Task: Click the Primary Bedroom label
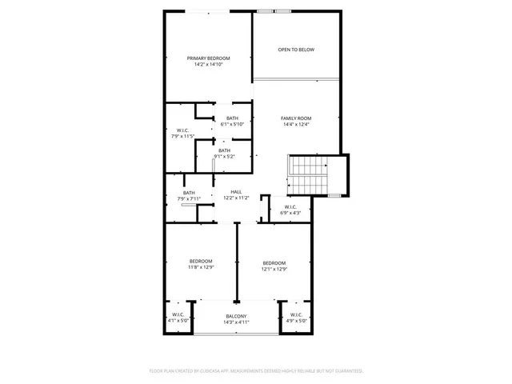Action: [209, 58]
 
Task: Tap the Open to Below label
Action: [296, 50]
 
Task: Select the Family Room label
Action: [296, 118]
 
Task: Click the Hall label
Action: [237, 192]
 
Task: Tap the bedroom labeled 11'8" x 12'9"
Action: [201, 262]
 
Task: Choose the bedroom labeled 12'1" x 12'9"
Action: [274, 263]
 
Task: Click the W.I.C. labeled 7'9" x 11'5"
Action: [182, 130]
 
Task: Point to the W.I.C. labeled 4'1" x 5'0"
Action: [178, 314]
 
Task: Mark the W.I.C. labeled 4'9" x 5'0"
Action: [296, 314]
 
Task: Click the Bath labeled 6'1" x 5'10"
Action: [232, 118]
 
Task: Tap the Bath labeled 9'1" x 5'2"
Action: [225, 150]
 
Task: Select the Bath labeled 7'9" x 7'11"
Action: [189, 193]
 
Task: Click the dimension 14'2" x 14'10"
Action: [209, 65]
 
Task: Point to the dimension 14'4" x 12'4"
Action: [296, 125]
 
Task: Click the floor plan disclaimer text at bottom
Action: [256, 371]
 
